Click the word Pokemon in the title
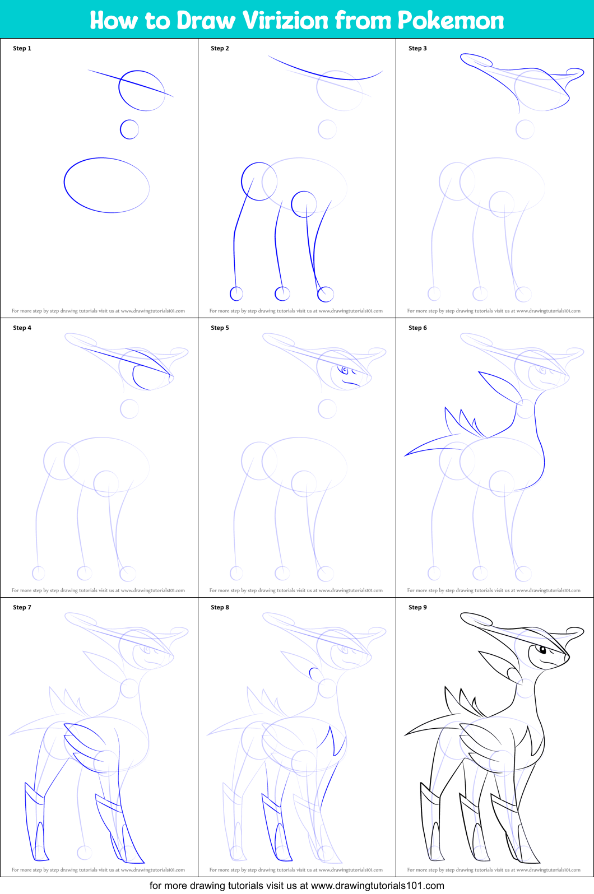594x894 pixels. point(451,20)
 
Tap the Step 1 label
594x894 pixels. point(22,48)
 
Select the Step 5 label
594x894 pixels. point(220,328)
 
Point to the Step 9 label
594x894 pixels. point(417,607)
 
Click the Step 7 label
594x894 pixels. point(22,607)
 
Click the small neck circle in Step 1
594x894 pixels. point(129,129)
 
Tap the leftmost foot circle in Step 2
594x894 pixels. point(236,294)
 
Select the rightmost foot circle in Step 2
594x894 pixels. point(326,294)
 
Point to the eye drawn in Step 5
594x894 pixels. point(345,370)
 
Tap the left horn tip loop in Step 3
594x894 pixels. point(476,60)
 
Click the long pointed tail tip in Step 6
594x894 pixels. point(405,455)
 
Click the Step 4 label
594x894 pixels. point(22,328)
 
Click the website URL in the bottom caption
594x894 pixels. point(377,886)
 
